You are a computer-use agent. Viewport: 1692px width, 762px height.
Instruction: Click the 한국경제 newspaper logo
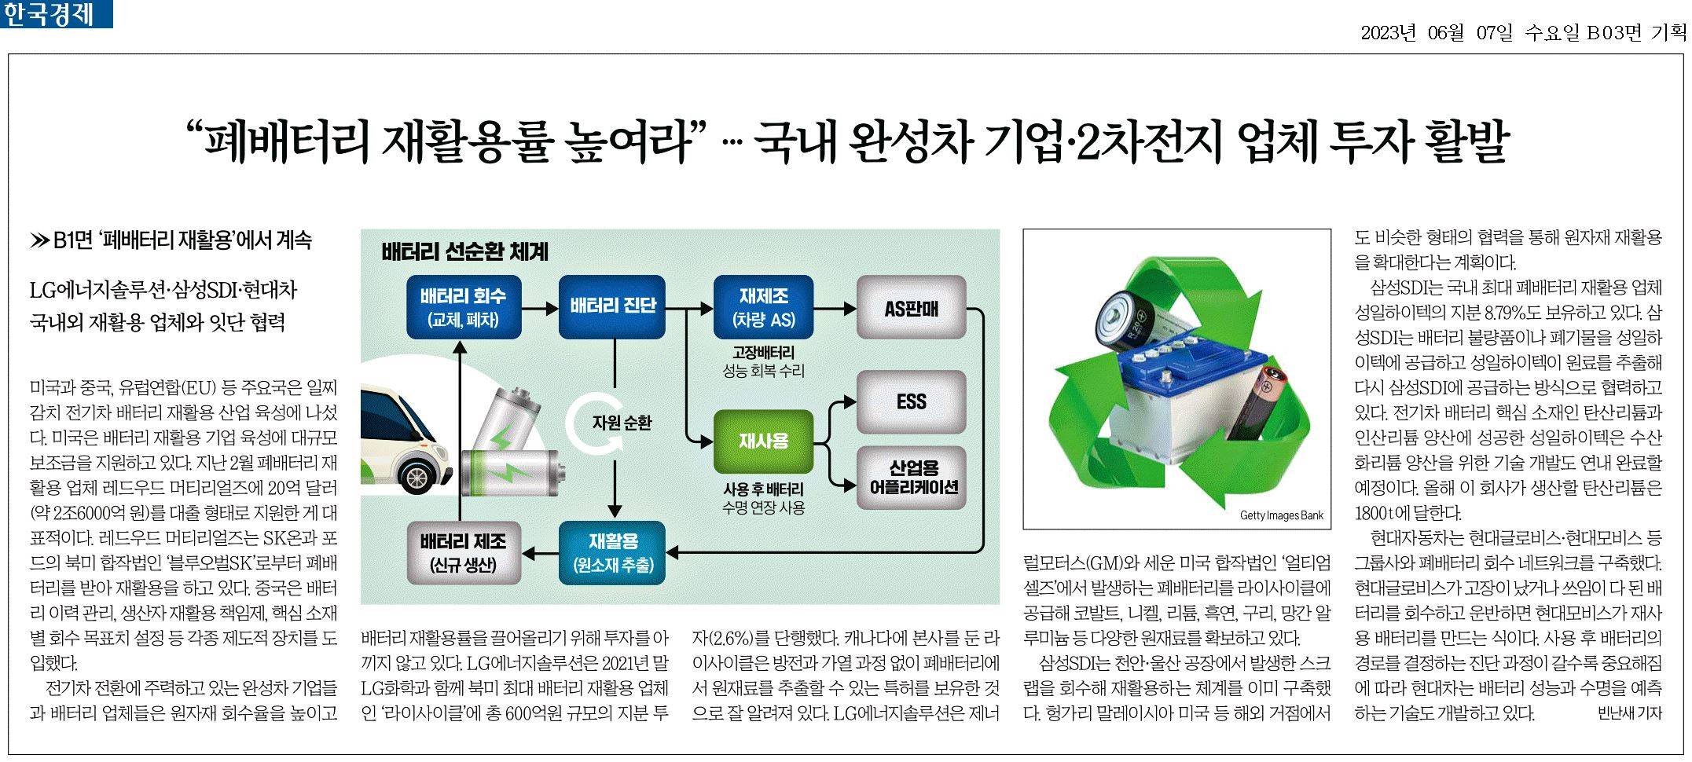(57, 14)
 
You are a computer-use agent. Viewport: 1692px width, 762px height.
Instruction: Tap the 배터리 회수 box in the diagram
(464, 307)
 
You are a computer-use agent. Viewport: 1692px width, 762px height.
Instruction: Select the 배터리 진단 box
(612, 307)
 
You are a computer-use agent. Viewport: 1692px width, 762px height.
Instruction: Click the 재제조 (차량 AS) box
(763, 307)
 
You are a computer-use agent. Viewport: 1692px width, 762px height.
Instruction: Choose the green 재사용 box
(763, 441)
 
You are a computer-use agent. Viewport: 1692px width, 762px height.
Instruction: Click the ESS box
(911, 402)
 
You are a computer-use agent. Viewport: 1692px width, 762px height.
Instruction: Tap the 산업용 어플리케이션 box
(911, 478)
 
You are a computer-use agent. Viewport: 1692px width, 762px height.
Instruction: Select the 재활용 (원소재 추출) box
(612, 554)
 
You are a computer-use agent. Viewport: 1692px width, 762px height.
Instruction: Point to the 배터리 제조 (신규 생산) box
(464, 554)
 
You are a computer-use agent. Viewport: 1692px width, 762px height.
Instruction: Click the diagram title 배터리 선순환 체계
(464, 252)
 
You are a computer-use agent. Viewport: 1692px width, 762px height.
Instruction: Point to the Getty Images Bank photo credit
(1281, 516)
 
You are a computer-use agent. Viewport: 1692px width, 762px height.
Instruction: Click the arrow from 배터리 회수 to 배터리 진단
(540, 308)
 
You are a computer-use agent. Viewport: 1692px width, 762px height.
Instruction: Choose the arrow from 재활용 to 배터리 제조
(540, 554)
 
